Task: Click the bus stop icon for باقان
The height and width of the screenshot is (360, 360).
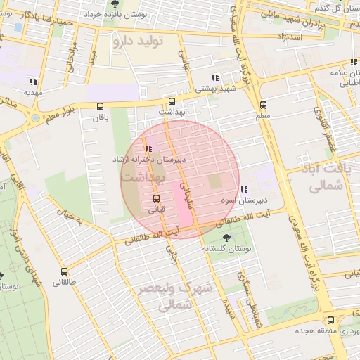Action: pyautogui.click(x=99, y=107)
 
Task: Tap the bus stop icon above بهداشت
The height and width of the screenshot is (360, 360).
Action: pyautogui.click(x=172, y=101)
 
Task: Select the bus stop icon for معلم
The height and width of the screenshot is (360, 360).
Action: pyautogui.click(x=263, y=104)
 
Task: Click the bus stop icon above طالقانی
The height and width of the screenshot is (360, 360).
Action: pyautogui.click(x=65, y=271)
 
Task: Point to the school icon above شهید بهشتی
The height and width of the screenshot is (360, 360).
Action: pyautogui.click(x=214, y=78)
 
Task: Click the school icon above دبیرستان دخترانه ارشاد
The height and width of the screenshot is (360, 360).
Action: pyautogui.click(x=148, y=148)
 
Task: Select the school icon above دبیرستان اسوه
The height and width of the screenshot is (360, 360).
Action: pyautogui.click(x=243, y=189)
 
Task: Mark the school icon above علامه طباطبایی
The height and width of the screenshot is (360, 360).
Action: pyautogui.click(x=333, y=72)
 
